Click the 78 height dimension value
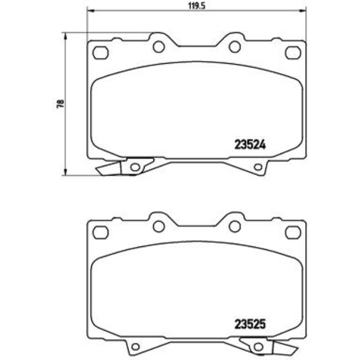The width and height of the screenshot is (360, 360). (x=60, y=104)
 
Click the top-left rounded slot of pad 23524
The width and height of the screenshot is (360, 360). (x=100, y=53)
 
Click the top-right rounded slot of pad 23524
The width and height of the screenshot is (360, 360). (x=292, y=53)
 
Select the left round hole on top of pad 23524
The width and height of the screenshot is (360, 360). (x=158, y=47)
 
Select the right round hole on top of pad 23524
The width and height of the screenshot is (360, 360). (x=234, y=47)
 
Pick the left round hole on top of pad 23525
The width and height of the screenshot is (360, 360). (x=158, y=225)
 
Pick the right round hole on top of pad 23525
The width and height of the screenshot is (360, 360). (x=234, y=225)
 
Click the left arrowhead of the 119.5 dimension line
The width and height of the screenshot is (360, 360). (x=91, y=10)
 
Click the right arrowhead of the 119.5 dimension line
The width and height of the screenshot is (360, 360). (x=302, y=10)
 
